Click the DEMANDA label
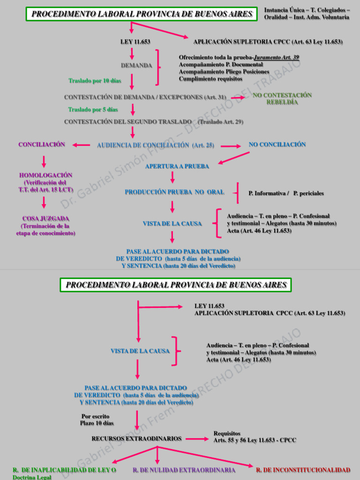click(136, 66)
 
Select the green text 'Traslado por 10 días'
click(95, 81)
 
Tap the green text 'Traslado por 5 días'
click(93, 110)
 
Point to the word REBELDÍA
click(282, 103)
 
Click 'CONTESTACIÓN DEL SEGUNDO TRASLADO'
click(128, 122)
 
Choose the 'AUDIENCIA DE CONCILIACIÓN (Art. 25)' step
click(156, 145)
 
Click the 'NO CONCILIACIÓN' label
click(277, 144)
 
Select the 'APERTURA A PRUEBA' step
click(177, 166)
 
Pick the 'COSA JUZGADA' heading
click(45, 218)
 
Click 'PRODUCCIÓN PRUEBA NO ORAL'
click(174, 192)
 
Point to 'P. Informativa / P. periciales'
click(286, 193)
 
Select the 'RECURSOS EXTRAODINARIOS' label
click(136, 439)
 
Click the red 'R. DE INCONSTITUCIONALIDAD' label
click(303, 470)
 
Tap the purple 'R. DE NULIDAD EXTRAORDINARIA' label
click(184, 470)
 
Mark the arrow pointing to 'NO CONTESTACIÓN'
click(238, 97)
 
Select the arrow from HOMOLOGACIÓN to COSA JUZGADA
click(44, 202)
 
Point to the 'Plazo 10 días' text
click(97, 423)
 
